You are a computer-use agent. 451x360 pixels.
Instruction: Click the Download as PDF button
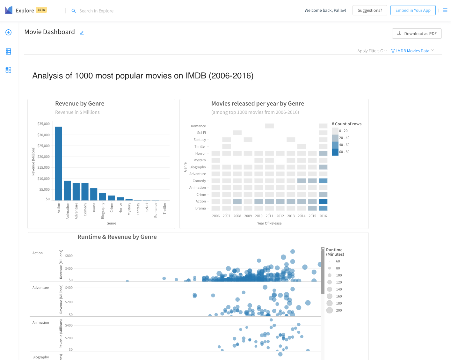click(417, 33)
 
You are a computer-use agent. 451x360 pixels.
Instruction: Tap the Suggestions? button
click(370, 10)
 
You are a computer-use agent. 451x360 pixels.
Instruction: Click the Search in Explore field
click(96, 11)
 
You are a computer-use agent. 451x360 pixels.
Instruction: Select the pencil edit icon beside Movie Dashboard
click(82, 33)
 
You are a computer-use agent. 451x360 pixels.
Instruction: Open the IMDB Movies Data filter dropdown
click(412, 51)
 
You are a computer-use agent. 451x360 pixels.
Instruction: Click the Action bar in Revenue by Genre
click(58, 164)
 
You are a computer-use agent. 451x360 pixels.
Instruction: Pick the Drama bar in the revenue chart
click(94, 194)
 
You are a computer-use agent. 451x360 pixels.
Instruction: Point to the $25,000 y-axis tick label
click(44, 146)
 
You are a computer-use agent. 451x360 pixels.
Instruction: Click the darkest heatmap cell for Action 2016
click(323, 201)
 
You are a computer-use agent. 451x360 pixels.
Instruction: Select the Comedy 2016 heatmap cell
click(323, 181)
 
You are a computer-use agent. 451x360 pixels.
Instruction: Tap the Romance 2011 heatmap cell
click(269, 126)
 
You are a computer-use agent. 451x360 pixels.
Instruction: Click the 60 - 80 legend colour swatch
click(335, 152)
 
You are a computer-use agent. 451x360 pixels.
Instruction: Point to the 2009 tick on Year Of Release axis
click(248, 216)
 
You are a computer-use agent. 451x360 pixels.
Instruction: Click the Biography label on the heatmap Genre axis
click(198, 167)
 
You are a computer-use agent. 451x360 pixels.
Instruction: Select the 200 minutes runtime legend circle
click(330, 310)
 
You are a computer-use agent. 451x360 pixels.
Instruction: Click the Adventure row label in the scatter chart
click(41, 288)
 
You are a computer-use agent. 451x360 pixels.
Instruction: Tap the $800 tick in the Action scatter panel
click(69, 256)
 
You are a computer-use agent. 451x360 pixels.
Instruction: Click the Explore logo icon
click(9, 10)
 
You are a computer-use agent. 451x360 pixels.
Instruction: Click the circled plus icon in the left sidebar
click(8, 32)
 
